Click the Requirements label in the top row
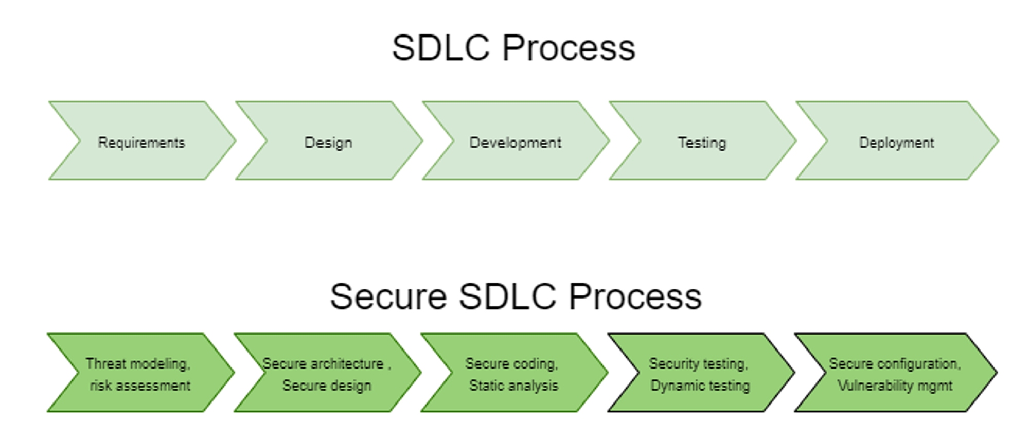[x=141, y=143]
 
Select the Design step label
[x=328, y=143]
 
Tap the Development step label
[x=515, y=143]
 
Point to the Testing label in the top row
[x=702, y=143]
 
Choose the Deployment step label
[x=896, y=143]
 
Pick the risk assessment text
[x=140, y=386]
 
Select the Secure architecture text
[x=323, y=363]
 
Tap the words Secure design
[x=327, y=386]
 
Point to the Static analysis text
[x=513, y=386]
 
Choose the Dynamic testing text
[x=700, y=386]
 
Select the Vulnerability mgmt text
[x=895, y=386]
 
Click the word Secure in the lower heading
[x=388, y=296]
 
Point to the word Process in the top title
[x=569, y=48]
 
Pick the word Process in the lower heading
[x=635, y=296]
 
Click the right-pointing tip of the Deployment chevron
[x=998, y=141]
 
